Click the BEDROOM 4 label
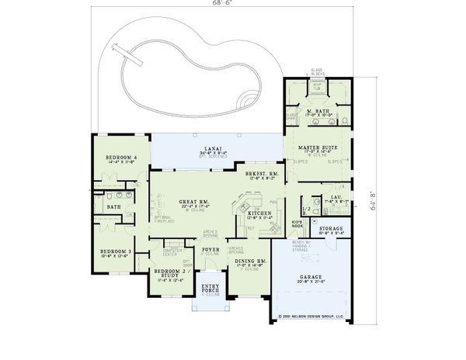click(122, 157)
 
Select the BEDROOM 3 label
click(114, 251)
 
